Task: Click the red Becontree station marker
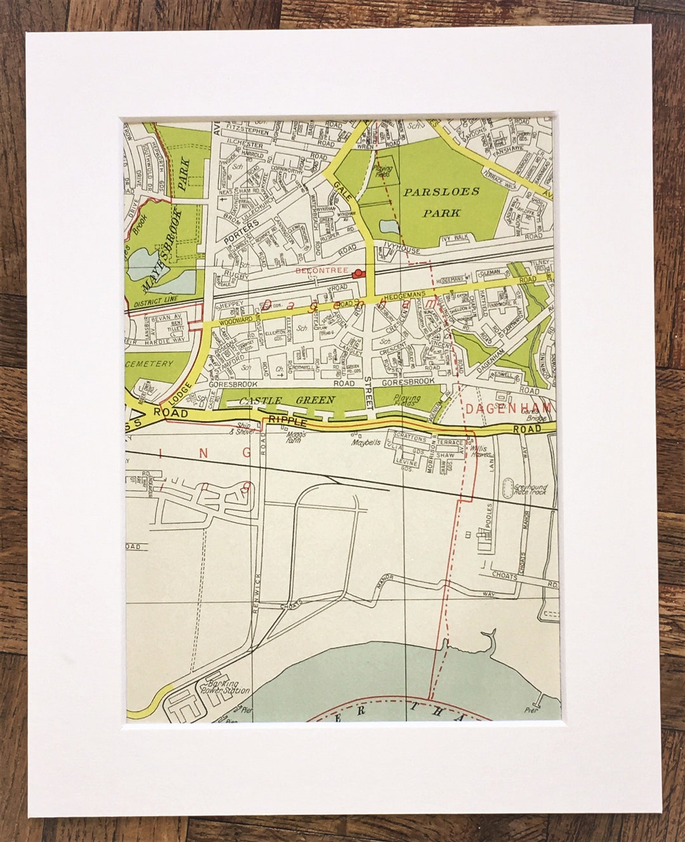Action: pyautogui.click(x=359, y=273)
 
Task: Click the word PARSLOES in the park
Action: pyautogui.click(x=440, y=190)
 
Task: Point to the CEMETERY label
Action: pyautogui.click(x=150, y=364)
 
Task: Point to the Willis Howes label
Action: pyautogui.click(x=483, y=450)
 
